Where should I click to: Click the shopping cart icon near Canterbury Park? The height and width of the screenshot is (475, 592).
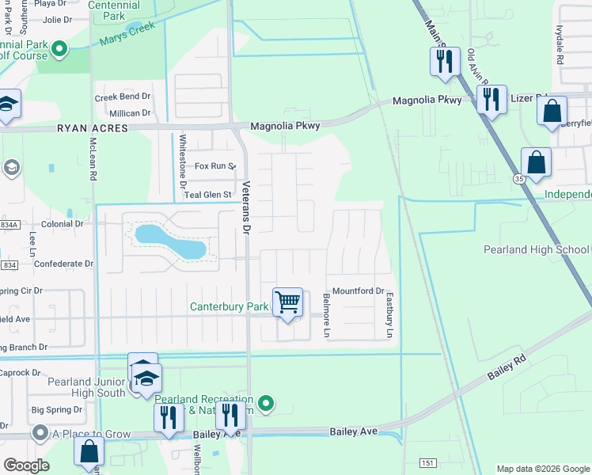click(288, 302)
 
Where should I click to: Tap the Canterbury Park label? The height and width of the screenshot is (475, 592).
click(229, 306)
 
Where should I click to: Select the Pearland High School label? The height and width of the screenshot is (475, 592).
click(537, 249)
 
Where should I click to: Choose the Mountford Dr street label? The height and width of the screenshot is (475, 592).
click(358, 291)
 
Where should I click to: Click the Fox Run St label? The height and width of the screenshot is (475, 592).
click(215, 166)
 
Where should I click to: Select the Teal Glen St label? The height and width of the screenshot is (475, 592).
click(207, 194)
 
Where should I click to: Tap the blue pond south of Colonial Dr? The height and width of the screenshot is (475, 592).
click(171, 242)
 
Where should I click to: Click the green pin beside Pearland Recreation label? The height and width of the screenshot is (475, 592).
click(267, 405)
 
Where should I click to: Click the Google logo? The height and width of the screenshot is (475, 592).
click(26, 465)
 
